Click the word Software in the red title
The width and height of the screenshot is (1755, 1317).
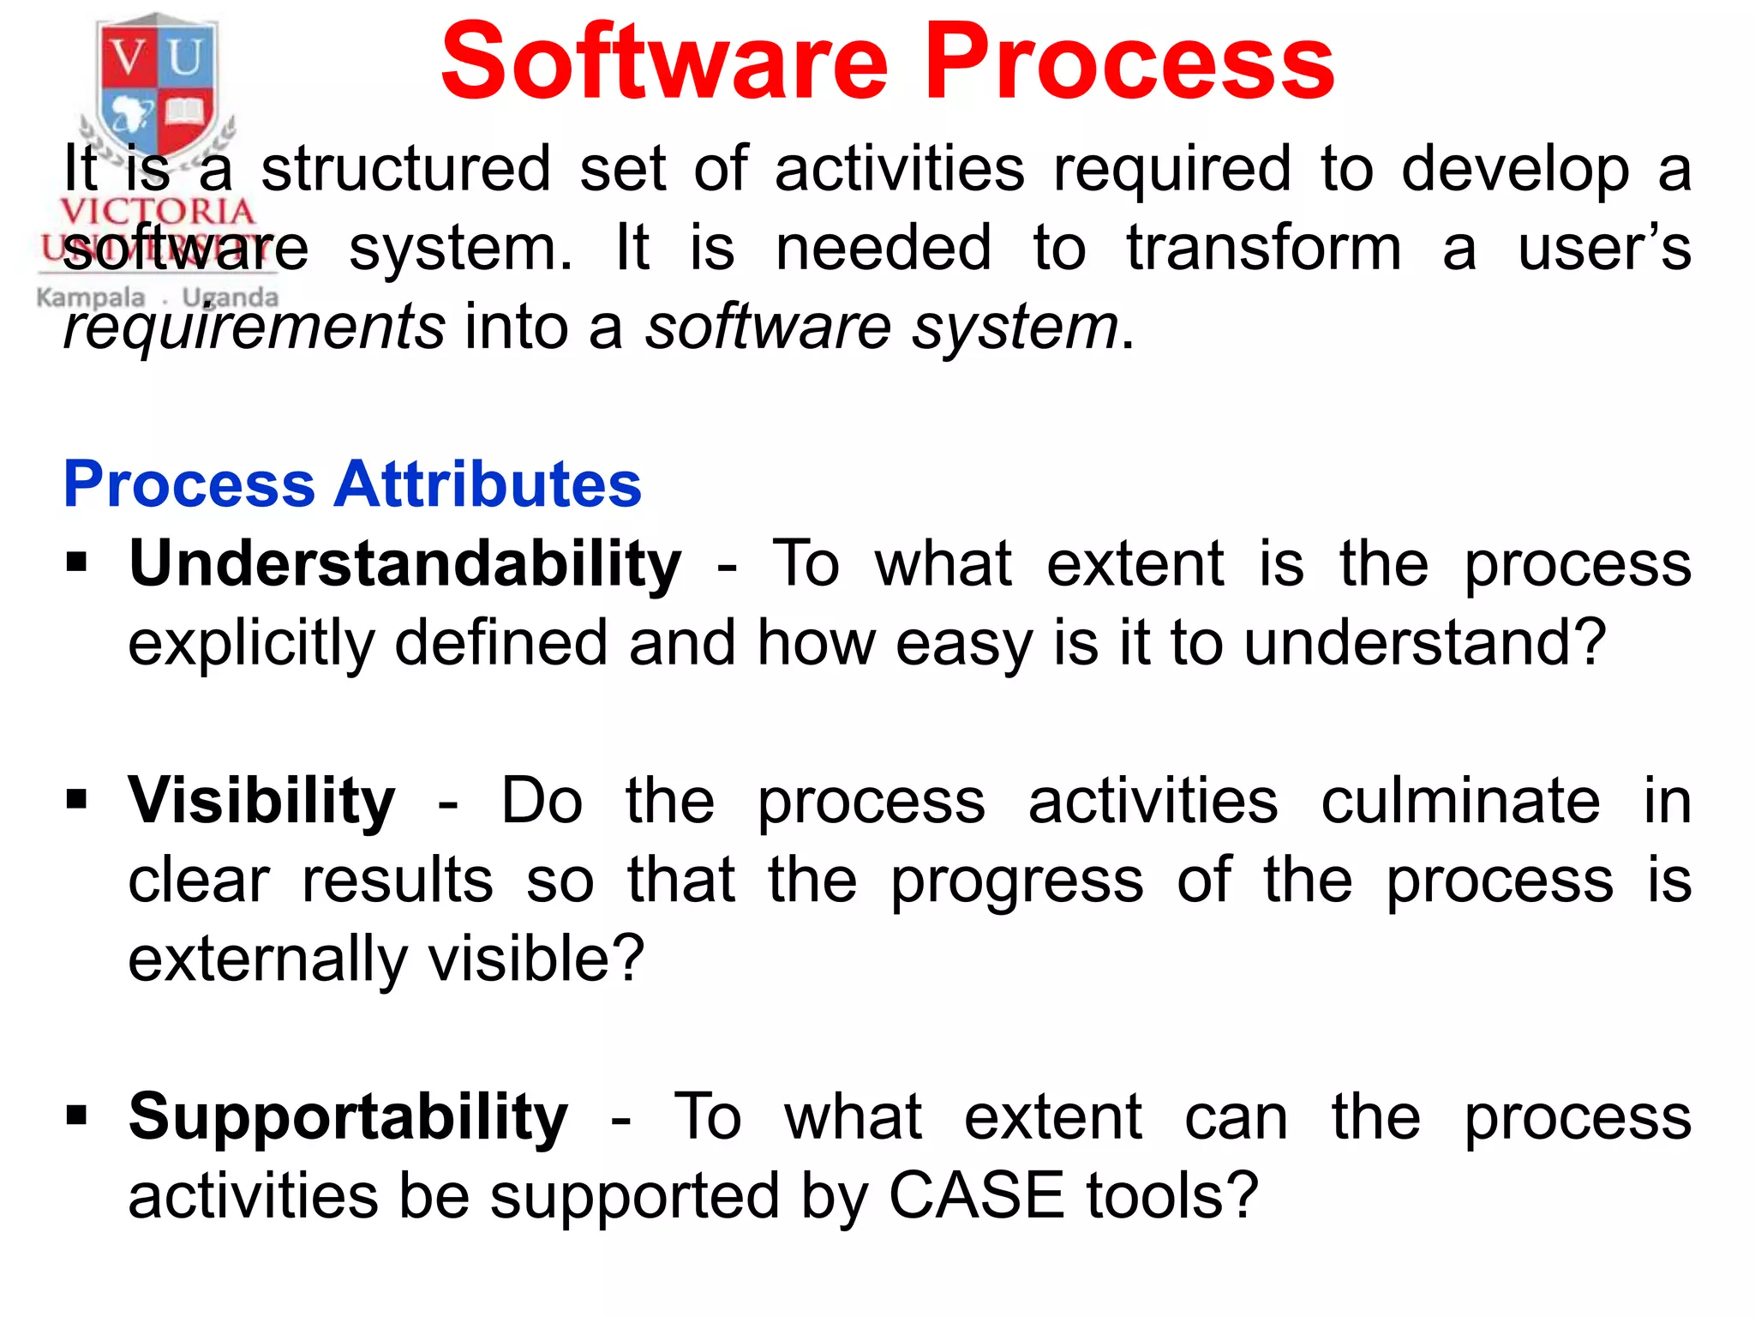click(664, 62)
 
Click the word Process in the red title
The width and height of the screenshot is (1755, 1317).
click(1129, 62)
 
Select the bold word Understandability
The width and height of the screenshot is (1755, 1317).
click(404, 566)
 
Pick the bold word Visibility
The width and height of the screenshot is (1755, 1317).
click(261, 802)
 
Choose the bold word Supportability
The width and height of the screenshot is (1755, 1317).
click(348, 1118)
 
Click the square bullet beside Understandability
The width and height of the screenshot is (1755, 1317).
click(77, 563)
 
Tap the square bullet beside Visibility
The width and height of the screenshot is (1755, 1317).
click(77, 800)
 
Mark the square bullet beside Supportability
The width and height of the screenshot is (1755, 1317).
click(77, 1116)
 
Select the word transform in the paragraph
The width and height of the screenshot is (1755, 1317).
click(1263, 249)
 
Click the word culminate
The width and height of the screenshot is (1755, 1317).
click(1459, 802)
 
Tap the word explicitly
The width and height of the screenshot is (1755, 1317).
click(251, 645)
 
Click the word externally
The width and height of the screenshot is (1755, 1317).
click(267, 959)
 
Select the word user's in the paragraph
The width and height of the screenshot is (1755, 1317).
click(1603, 249)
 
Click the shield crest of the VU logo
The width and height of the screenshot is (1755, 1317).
click(157, 86)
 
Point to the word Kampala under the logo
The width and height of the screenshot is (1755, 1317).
click(91, 298)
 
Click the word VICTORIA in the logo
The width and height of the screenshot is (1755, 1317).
click(158, 211)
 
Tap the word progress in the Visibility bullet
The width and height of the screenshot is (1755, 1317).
click(1016, 881)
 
